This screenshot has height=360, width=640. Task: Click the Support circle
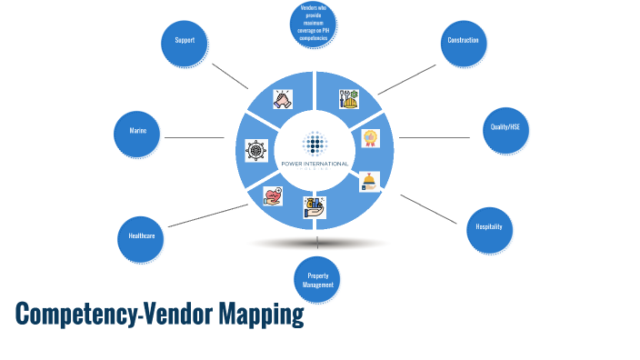point(185,42)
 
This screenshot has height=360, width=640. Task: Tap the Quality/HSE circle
point(506,128)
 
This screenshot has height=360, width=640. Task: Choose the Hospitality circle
point(489,225)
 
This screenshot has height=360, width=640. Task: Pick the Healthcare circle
point(141,236)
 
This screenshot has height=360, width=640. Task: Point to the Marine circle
point(137,133)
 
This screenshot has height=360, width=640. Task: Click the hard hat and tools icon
point(349,98)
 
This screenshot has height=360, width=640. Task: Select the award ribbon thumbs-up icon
point(371,138)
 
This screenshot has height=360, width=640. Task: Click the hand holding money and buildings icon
point(315,207)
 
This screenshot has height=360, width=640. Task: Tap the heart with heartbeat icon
point(273,195)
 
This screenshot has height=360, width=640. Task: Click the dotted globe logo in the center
point(315,144)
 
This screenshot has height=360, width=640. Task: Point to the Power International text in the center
point(315,163)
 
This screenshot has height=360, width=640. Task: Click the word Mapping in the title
point(260,315)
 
